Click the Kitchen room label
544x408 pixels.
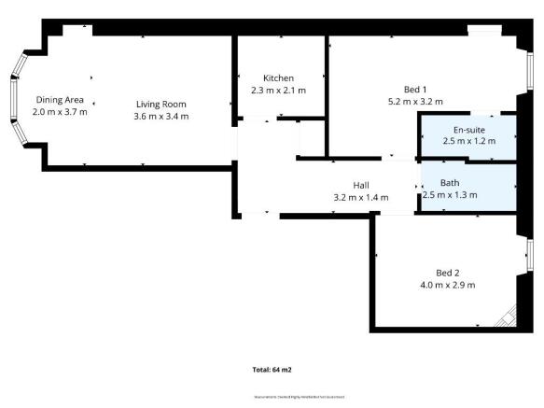(278, 77)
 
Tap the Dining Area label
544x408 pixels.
(59, 99)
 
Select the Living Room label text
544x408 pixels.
(160, 104)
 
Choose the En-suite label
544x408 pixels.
(467, 129)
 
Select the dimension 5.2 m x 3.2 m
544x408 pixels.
(414, 101)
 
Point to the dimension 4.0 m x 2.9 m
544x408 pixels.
(449, 285)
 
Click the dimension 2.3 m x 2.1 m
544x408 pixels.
(278, 90)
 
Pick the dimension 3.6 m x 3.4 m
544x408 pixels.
(160, 116)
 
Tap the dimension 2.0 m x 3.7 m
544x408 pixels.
(59, 111)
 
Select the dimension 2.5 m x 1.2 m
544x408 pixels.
(468, 141)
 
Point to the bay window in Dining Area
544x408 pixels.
(15, 99)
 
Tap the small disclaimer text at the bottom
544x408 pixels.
(300, 397)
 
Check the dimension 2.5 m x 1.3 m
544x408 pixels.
(450, 195)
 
